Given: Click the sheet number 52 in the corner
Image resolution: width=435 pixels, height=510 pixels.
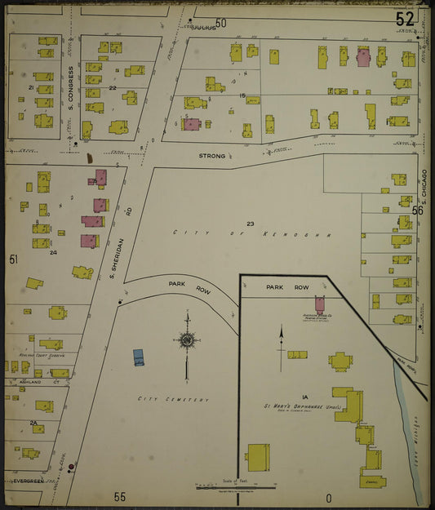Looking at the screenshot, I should (x=405, y=18).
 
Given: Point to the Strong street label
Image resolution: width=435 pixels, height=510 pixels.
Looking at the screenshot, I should (x=211, y=155).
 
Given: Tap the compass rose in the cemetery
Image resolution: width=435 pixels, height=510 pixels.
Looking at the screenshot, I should (x=187, y=339).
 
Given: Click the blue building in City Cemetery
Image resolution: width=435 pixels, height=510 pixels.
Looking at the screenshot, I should (x=139, y=357).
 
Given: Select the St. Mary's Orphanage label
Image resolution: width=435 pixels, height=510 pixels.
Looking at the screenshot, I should (x=295, y=405).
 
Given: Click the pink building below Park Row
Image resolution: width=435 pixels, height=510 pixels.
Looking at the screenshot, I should (x=320, y=304).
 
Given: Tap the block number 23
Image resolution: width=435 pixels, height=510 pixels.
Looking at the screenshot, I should (x=250, y=223).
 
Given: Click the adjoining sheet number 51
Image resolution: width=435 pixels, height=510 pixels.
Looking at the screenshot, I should (x=13, y=259).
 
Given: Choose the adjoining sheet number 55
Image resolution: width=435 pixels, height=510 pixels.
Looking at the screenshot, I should (x=120, y=496).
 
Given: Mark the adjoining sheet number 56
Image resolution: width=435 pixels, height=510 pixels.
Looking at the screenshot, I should (x=418, y=211).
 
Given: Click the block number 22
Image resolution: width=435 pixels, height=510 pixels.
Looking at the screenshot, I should (x=113, y=88).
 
